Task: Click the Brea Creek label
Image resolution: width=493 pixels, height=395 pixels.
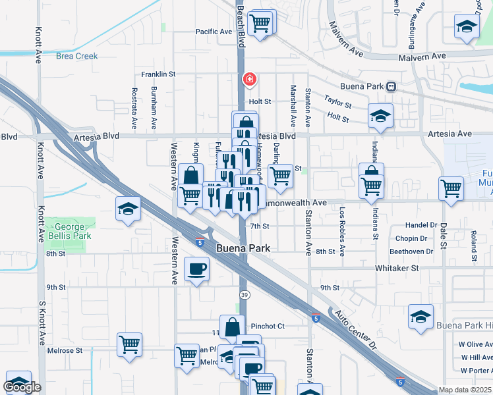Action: tap(77, 57)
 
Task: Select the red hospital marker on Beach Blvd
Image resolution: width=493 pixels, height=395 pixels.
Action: tap(250, 80)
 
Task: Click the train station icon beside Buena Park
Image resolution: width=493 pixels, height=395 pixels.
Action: tap(391, 86)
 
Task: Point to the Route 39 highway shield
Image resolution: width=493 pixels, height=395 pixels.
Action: tap(244, 294)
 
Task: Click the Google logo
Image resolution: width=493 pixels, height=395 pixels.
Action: tap(23, 387)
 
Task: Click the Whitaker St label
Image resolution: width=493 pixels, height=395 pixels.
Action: tap(397, 268)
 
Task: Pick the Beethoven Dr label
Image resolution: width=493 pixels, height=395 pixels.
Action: tap(411, 251)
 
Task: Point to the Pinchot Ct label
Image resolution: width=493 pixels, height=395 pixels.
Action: tap(267, 326)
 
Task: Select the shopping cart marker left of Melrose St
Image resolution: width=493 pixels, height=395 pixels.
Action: tap(130, 343)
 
